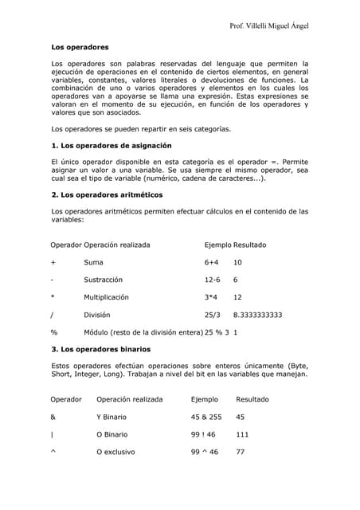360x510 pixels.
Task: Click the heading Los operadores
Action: pos(80,48)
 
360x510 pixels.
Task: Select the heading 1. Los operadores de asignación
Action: pos(111,146)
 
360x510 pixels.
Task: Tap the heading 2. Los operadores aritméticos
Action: pos(107,194)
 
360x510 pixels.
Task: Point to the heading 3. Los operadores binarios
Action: pos(100,349)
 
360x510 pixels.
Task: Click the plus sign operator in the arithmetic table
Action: pos(53,262)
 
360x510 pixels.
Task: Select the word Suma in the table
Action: pos(93,262)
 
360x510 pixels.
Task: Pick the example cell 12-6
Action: pos(213,280)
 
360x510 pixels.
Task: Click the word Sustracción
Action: pos(104,280)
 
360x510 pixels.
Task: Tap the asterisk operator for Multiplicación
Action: pos(53,297)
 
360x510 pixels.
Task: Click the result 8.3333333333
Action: pos(257,315)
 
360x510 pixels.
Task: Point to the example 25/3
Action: pos(213,315)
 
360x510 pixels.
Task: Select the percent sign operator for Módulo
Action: pos(54,331)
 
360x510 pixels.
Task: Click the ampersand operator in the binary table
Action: pos(53,417)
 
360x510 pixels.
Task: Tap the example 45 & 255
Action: pos(206,417)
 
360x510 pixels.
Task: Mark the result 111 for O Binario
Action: pos(243,434)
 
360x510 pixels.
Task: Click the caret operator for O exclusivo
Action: pos(53,452)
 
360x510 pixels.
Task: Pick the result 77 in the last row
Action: pos(241,452)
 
